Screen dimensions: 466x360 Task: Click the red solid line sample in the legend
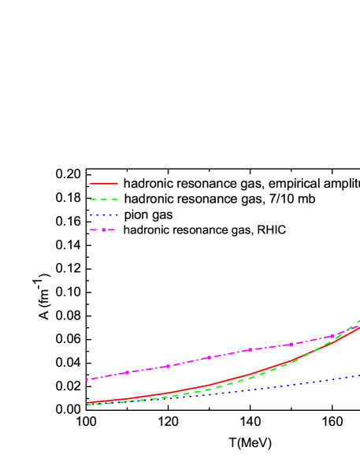pyautogui.click(x=103, y=184)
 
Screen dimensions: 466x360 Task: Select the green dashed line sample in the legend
pyautogui.click(x=103, y=199)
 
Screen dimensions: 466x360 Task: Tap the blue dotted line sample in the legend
pyautogui.click(x=103, y=214)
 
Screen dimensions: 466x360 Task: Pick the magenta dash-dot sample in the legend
pyautogui.click(x=103, y=230)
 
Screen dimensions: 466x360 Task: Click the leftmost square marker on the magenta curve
pyautogui.click(x=87, y=379)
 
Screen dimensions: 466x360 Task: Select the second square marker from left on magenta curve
pyautogui.click(x=127, y=372)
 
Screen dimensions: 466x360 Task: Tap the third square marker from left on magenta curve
pyautogui.click(x=168, y=366)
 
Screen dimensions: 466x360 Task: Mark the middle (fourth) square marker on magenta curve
pyautogui.click(x=209, y=358)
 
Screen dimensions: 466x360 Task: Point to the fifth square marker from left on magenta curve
pyautogui.click(x=250, y=350)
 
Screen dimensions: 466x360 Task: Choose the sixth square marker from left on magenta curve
pyautogui.click(x=291, y=344)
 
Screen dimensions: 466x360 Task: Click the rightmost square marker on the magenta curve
pyautogui.click(x=332, y=336)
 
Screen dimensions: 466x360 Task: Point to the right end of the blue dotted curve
pyautogui.click(x=359, y=375)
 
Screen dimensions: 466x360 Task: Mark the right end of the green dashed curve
pyautogui.click(x=359, y=320)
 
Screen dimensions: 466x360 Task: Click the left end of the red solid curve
pyautogui.click(x=87, y=403)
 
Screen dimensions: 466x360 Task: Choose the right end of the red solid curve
pyautogui.click(x=359, y=326)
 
